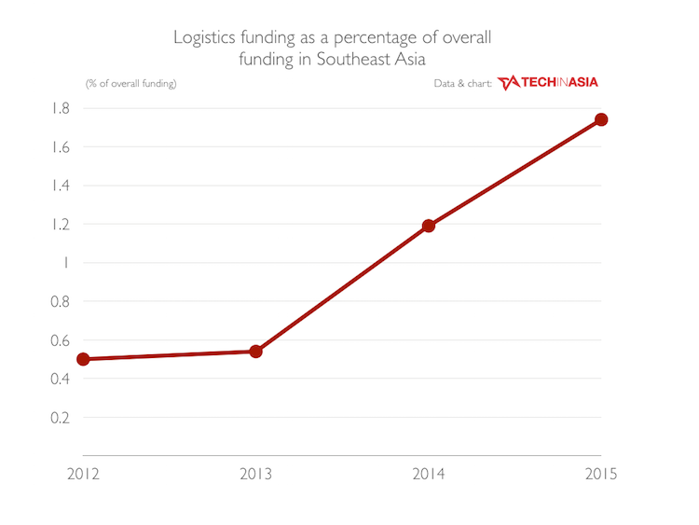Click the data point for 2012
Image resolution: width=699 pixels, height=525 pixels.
[83, 359]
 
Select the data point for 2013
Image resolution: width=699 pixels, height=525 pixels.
[255, 352]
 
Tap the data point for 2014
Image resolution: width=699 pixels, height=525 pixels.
[429, 226]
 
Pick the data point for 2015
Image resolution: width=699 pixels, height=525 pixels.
[601, 119]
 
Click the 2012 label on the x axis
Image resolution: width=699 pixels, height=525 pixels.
[83, 474]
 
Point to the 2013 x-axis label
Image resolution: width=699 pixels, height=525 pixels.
[255, 474]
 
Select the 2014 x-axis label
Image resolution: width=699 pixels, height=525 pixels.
[429, 474]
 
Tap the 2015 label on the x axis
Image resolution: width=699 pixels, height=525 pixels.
[601, 474]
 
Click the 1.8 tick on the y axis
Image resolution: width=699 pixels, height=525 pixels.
[61, 108]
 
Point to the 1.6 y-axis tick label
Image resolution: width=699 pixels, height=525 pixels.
[61, 146]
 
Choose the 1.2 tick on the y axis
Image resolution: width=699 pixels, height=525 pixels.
[61, 224]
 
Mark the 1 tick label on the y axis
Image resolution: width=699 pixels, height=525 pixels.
[66, 263]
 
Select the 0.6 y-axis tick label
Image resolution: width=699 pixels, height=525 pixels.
[61, 339]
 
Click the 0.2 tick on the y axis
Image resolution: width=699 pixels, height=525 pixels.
[61, 417]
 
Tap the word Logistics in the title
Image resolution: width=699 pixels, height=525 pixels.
[203, 38]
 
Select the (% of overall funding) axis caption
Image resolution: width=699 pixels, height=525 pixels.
[130, 84]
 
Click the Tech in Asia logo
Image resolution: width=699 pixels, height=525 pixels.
[548, 83]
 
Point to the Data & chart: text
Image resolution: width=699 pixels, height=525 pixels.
[462, 84]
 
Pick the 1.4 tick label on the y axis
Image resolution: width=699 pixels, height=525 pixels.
[61, 186]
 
